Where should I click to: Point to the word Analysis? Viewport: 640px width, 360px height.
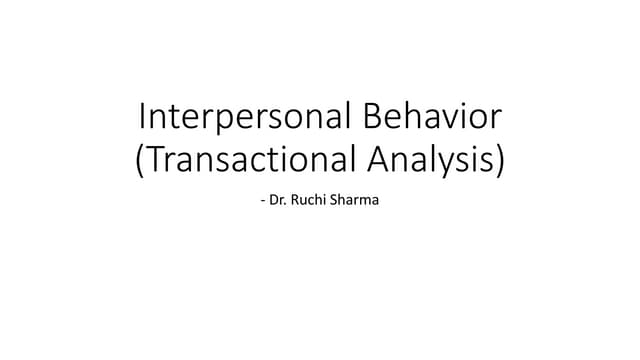pyautogui.click(x=431, y=160)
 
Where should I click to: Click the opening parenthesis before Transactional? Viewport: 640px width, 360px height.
pyautogui.click(x=139, y=161)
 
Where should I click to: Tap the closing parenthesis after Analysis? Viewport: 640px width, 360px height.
pyautogui.click(x=499, y=161)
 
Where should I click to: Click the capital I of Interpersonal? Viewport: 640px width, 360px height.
pyautogui.click(x=140, y=119)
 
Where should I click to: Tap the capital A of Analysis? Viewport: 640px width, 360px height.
pyautogui.click(x=379, y=159)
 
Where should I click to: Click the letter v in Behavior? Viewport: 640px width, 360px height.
pyautogui.click(x=447, y=122)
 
